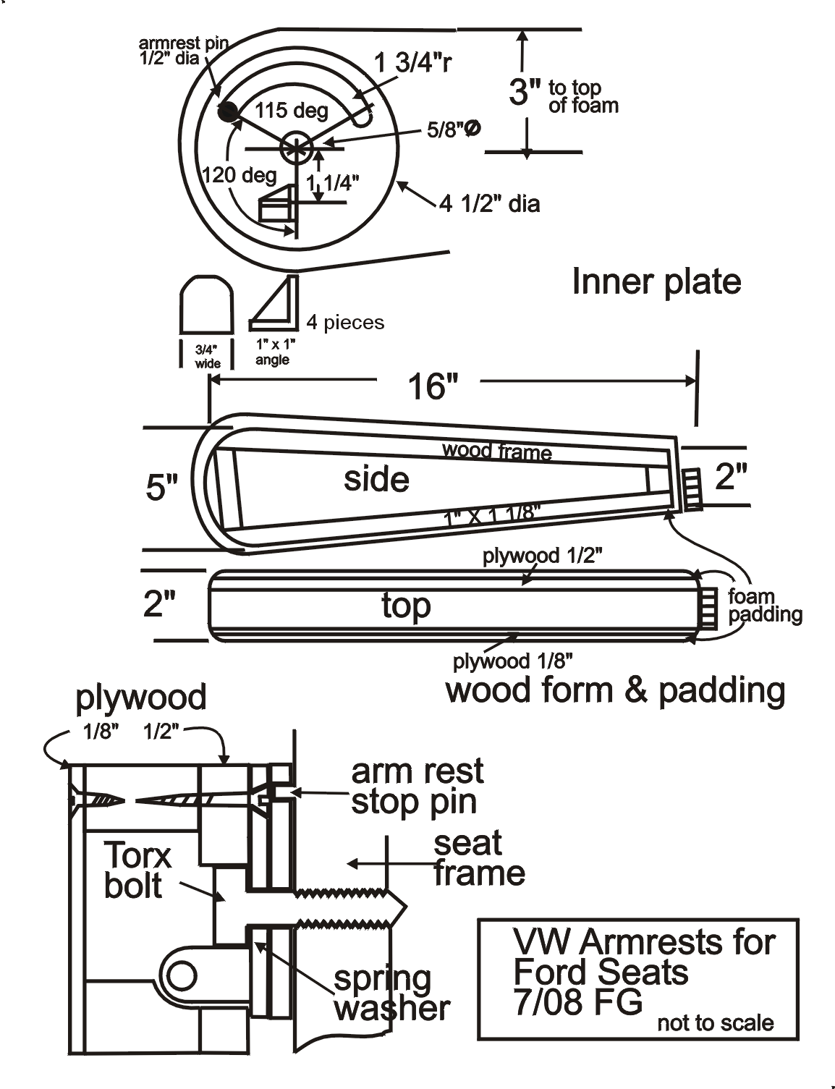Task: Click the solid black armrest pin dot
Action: (227, 111)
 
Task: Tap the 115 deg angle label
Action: (292, 110)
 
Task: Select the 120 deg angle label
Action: (240, 175)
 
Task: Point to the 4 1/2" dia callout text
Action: (490, 204)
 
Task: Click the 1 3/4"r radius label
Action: (413, 63)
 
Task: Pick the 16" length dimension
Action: (433, 386)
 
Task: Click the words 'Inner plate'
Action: (656, 281)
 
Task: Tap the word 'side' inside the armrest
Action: (377, 479)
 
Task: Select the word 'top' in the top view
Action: (406, 606)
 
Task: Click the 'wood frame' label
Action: (497, 451)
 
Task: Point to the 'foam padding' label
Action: (765, 606)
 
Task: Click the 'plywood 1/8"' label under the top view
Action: (512, 661)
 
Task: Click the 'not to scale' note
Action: (716, 1023)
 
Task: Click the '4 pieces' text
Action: (345, 322)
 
